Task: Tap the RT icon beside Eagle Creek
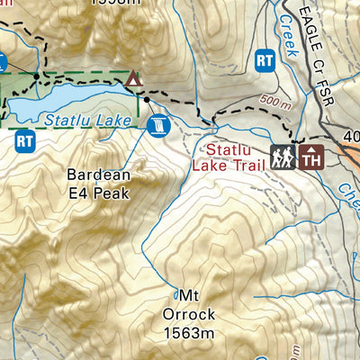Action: tap(265, 59)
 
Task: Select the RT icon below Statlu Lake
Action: tap(24, 139)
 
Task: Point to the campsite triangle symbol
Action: tap(134, 79)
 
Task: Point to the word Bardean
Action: tap(99, 175)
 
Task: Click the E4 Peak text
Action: tap(99, 192)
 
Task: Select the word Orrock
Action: tap(188, 314)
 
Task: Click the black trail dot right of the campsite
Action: tap(147, 99)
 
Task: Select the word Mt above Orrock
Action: tap(188, 296)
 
